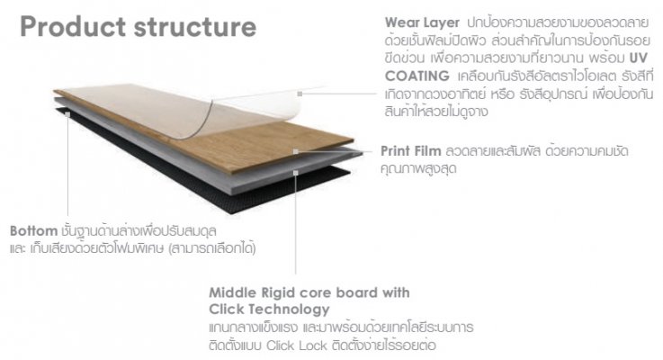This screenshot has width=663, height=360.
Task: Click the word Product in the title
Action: [x=73, y=26]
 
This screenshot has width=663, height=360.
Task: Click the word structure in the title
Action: [x=195, y=27]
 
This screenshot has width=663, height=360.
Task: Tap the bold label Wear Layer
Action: [x=422, y=22]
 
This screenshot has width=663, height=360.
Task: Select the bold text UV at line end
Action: [x=639, y=58]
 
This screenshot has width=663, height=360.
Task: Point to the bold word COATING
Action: [x=417, y=76]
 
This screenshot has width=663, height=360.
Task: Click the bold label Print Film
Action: [x=410, y=151]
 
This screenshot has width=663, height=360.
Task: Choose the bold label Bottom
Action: [x=33, y=231]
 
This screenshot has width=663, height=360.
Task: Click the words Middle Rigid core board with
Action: [x=309, y=292]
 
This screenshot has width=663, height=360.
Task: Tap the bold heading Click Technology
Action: [x=269, y=310]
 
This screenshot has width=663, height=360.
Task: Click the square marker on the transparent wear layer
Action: [x=300, y=94]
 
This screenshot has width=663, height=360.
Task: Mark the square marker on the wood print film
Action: [x=296, y=151]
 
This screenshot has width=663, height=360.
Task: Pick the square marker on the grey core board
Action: [x=296, y=173]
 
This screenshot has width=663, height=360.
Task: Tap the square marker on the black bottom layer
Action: [x=67, y=114]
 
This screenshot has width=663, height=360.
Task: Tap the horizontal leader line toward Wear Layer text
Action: [x=339, y=94]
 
